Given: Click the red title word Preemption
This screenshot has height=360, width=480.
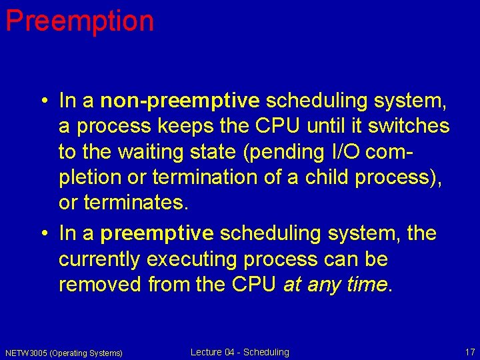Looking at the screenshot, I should tap(79, 21).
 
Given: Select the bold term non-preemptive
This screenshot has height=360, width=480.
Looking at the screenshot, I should tap(179, 101).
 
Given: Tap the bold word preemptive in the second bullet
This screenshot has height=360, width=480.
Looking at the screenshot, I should tap(157, 233).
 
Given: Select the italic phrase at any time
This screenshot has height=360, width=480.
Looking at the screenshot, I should tap(335, 284).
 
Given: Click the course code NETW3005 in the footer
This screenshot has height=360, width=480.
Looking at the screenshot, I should tap(26, 353).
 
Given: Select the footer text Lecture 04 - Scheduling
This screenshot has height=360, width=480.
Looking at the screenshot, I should tap(239, 352).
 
